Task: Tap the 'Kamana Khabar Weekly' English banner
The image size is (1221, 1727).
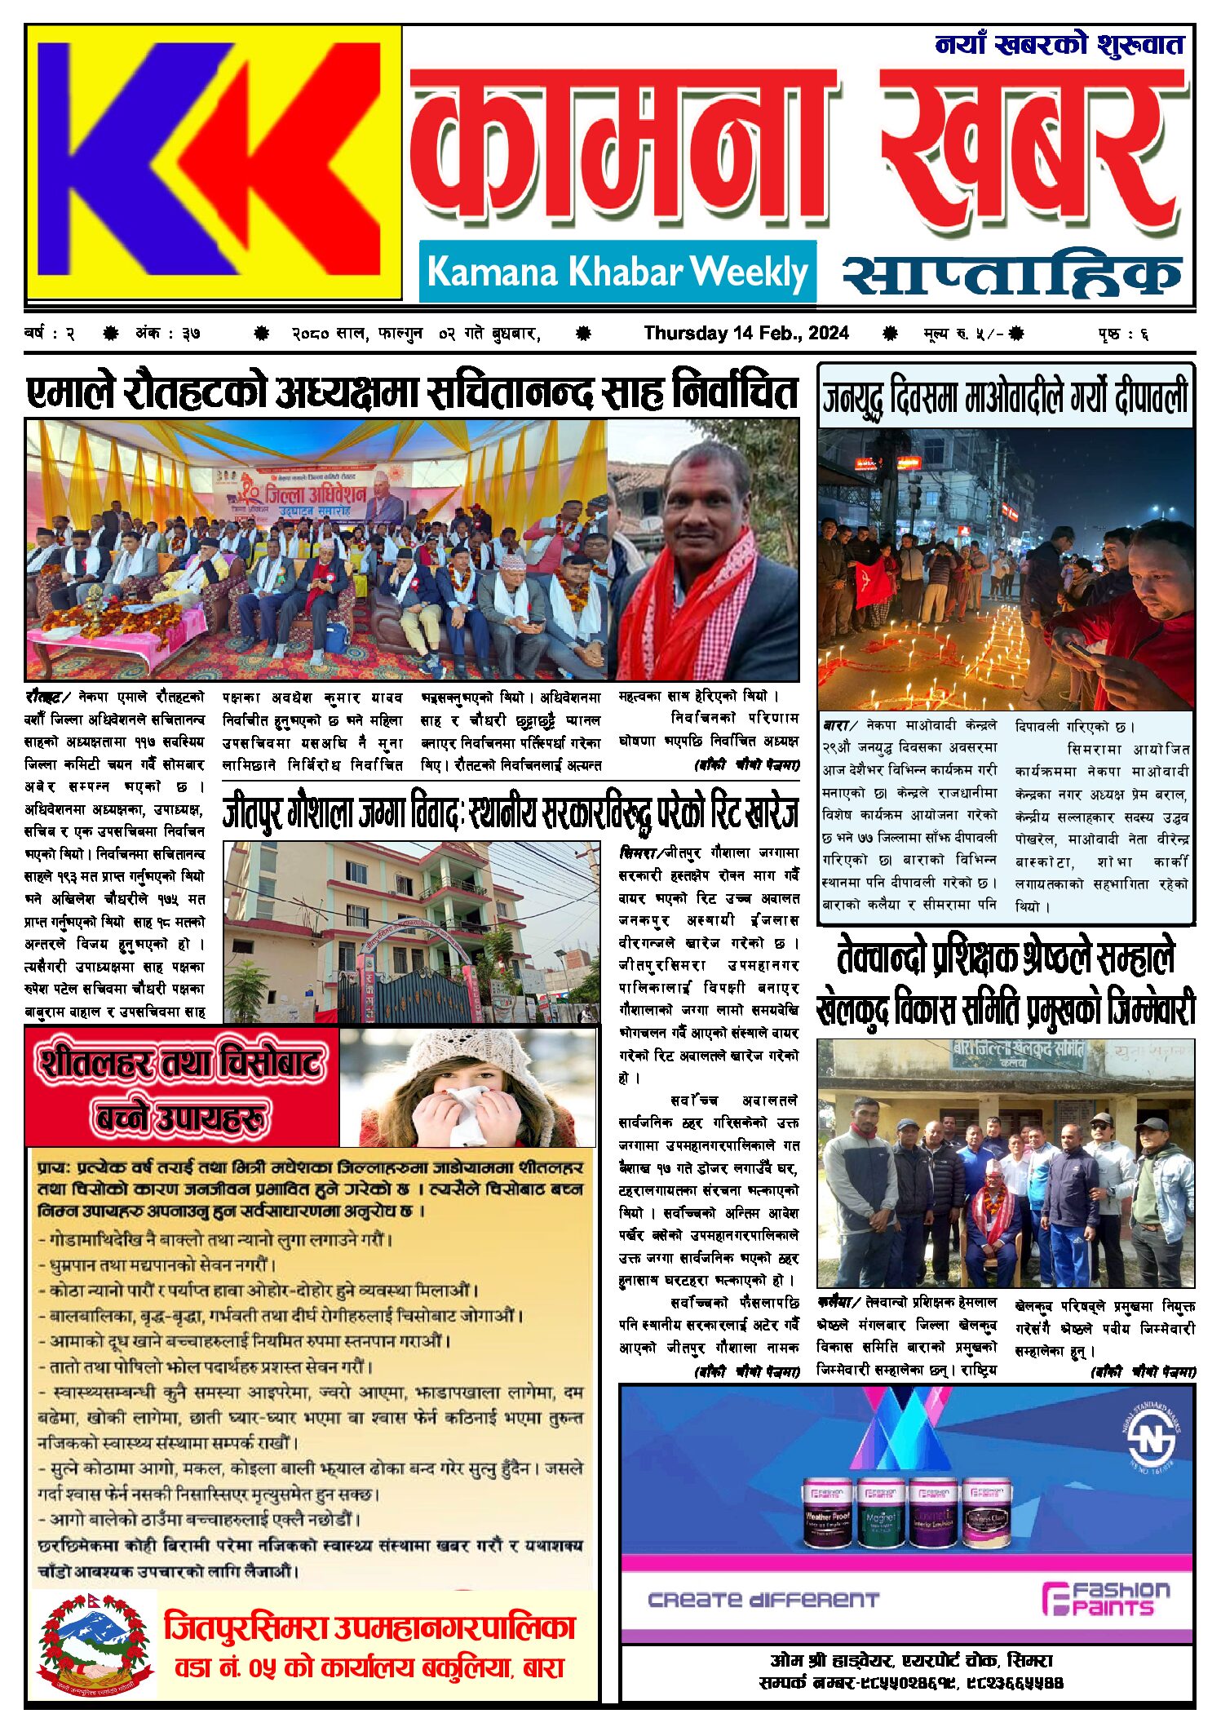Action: (617, 272)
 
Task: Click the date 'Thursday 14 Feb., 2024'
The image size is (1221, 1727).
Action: (745, 333)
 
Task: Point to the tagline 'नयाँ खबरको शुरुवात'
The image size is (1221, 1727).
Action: (1059, 45)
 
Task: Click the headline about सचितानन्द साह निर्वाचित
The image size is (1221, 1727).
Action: (412, 392)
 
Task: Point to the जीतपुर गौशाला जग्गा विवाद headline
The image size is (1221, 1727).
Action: (510, 813)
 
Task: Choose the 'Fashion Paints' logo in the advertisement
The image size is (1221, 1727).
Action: (1104, 1598)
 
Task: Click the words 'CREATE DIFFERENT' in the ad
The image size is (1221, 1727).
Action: (763, 1600)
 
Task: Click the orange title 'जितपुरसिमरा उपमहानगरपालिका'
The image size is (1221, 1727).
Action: (369, 1627)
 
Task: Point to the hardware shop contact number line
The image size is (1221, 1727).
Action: (910, 1683)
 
